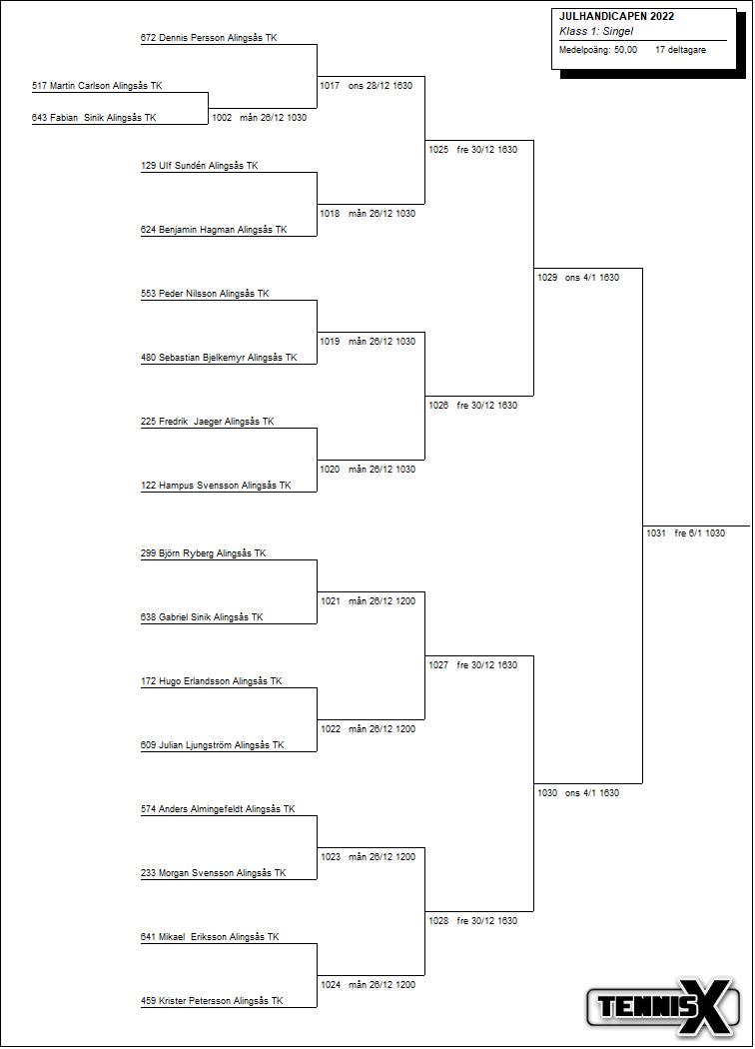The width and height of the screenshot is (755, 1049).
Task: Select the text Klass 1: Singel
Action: pyautogui.click(x=596, y=32)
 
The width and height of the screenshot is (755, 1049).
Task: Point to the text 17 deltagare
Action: pyautogui.click(x=680, y=49)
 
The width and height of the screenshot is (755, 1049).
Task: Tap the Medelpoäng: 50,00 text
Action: pyautogui.click(x=598, y=49)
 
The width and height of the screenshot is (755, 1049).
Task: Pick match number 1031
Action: pyautogui.click(x=655, y=533)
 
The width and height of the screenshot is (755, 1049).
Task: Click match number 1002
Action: pyautogui.click(x=222, y=118)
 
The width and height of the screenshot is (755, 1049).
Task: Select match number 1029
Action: pyautogui.click(x=547, y=278)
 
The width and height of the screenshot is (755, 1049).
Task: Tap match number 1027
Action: pyautogui.click(x=438, y=665)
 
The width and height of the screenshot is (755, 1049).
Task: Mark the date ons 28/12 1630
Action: pyautogui.click(x=380, y=86)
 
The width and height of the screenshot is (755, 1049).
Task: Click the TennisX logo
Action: pyautogui.click(x=664, y=1006)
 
